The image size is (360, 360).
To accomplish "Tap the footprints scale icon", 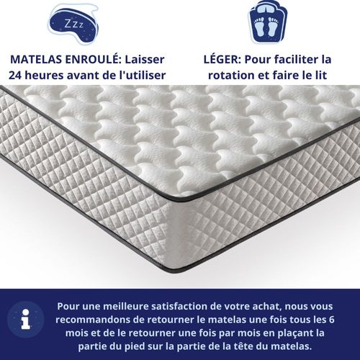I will (x=268, y=22).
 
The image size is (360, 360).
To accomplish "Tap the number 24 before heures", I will (x=17, y=75).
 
